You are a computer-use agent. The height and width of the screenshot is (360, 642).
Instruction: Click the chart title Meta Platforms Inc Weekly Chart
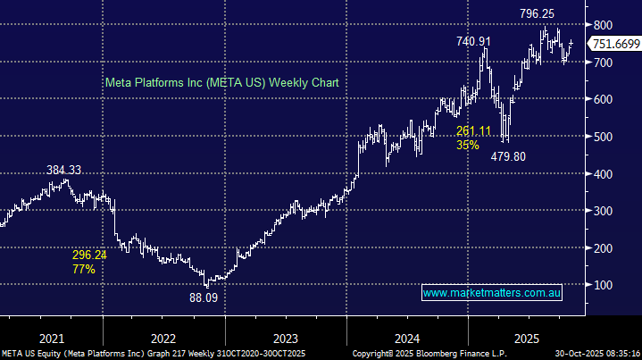[222, 82]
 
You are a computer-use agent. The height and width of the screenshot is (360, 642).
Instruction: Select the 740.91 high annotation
[474, 41]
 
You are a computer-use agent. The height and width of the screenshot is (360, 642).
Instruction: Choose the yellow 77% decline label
[84, 267]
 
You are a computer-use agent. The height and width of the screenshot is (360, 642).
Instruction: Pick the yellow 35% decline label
[467, 145]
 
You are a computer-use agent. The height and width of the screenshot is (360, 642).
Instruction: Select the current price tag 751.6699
[615, 45]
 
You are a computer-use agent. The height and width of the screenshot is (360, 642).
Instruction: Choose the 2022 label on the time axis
[163, 339]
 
